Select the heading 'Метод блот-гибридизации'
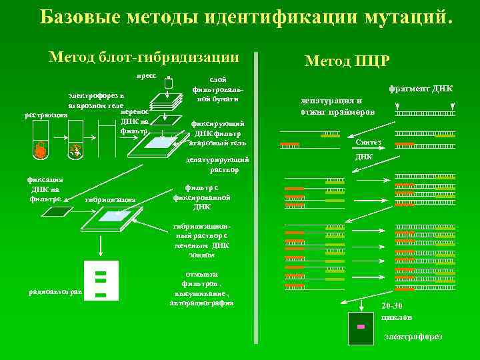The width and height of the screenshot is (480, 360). pos(144,57)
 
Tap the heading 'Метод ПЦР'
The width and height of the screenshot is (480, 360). pos(347,61)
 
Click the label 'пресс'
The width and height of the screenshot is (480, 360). pos(147,76)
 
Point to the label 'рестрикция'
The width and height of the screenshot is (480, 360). pos(46,115)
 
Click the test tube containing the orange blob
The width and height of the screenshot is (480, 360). pos(41,151)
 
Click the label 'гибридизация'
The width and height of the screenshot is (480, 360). pos(111,199)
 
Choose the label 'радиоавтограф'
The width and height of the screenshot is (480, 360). pos(55,291)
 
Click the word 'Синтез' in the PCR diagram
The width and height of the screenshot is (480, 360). pos(369,143)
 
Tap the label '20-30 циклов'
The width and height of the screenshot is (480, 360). pos(397,311)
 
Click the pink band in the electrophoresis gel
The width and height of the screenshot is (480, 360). pos(361,327)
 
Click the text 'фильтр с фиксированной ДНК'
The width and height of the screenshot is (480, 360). pos(202,197)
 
